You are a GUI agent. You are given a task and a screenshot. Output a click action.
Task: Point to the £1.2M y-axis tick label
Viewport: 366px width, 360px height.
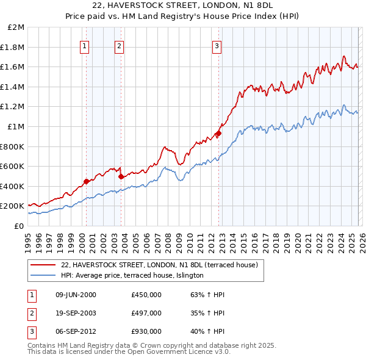tap(14, 107)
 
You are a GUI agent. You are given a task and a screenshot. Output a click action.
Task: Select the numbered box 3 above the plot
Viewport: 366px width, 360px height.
tap(217, 45)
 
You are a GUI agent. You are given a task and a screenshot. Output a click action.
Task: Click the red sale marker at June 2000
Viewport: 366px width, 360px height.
tap(86, 181)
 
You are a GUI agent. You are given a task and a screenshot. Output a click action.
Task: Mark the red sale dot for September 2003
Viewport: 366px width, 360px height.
tap(121, 176)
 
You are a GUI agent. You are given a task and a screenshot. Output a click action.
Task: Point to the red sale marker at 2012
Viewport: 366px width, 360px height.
tap(218, 133)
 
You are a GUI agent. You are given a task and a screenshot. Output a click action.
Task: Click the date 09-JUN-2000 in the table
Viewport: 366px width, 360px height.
tap(76, 295)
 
